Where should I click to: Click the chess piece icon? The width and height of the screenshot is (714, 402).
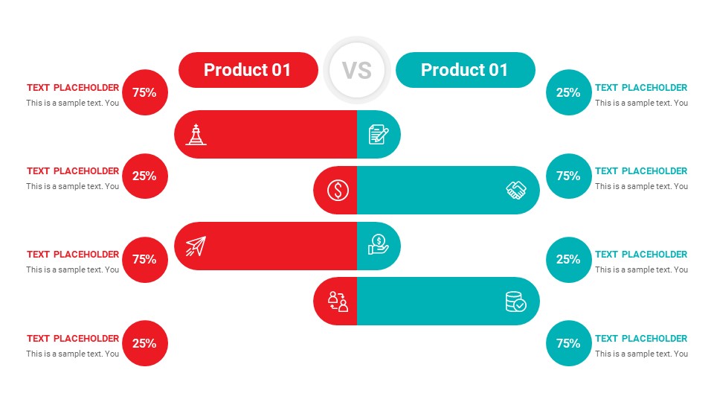click(x=196, y=134)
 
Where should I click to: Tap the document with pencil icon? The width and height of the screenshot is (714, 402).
click(x=379, y=134)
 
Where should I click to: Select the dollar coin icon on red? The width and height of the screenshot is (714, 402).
click(x=338, y=190)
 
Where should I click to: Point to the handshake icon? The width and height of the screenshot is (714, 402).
click(x=516, y=190)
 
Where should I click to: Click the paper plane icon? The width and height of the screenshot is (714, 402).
click(x=196, y=246)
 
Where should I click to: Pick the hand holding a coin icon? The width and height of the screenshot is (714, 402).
click(x=379, y=245)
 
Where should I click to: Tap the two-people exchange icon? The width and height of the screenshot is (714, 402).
click(x=338, y=301)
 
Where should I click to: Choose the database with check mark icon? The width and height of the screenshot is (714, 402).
click(x=515, y=301)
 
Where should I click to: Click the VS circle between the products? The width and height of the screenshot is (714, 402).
click(x=356, y=70)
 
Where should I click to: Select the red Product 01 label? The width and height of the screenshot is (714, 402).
click(x=248, y=70)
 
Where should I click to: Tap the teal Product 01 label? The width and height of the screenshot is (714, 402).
click(x=465, y=70)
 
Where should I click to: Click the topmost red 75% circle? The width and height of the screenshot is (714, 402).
click(x=144, y=92)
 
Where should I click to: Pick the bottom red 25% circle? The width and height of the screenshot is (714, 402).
click(x=144, y=343)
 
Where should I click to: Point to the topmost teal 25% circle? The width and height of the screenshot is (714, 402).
click(x=568, y=92)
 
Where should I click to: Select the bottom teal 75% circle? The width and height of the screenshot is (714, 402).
click(x=568, y=343)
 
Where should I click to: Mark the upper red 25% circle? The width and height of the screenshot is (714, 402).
click(x=144, y=176)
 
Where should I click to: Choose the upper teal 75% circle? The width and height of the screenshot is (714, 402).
click(x=568, y=176)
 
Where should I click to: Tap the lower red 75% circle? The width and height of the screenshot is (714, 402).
click(x=144, y=259)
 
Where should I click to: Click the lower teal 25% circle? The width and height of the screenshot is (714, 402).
click(x=568, y=259)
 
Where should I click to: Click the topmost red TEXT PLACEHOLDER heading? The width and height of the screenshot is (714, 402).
click(x=73, y=88)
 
